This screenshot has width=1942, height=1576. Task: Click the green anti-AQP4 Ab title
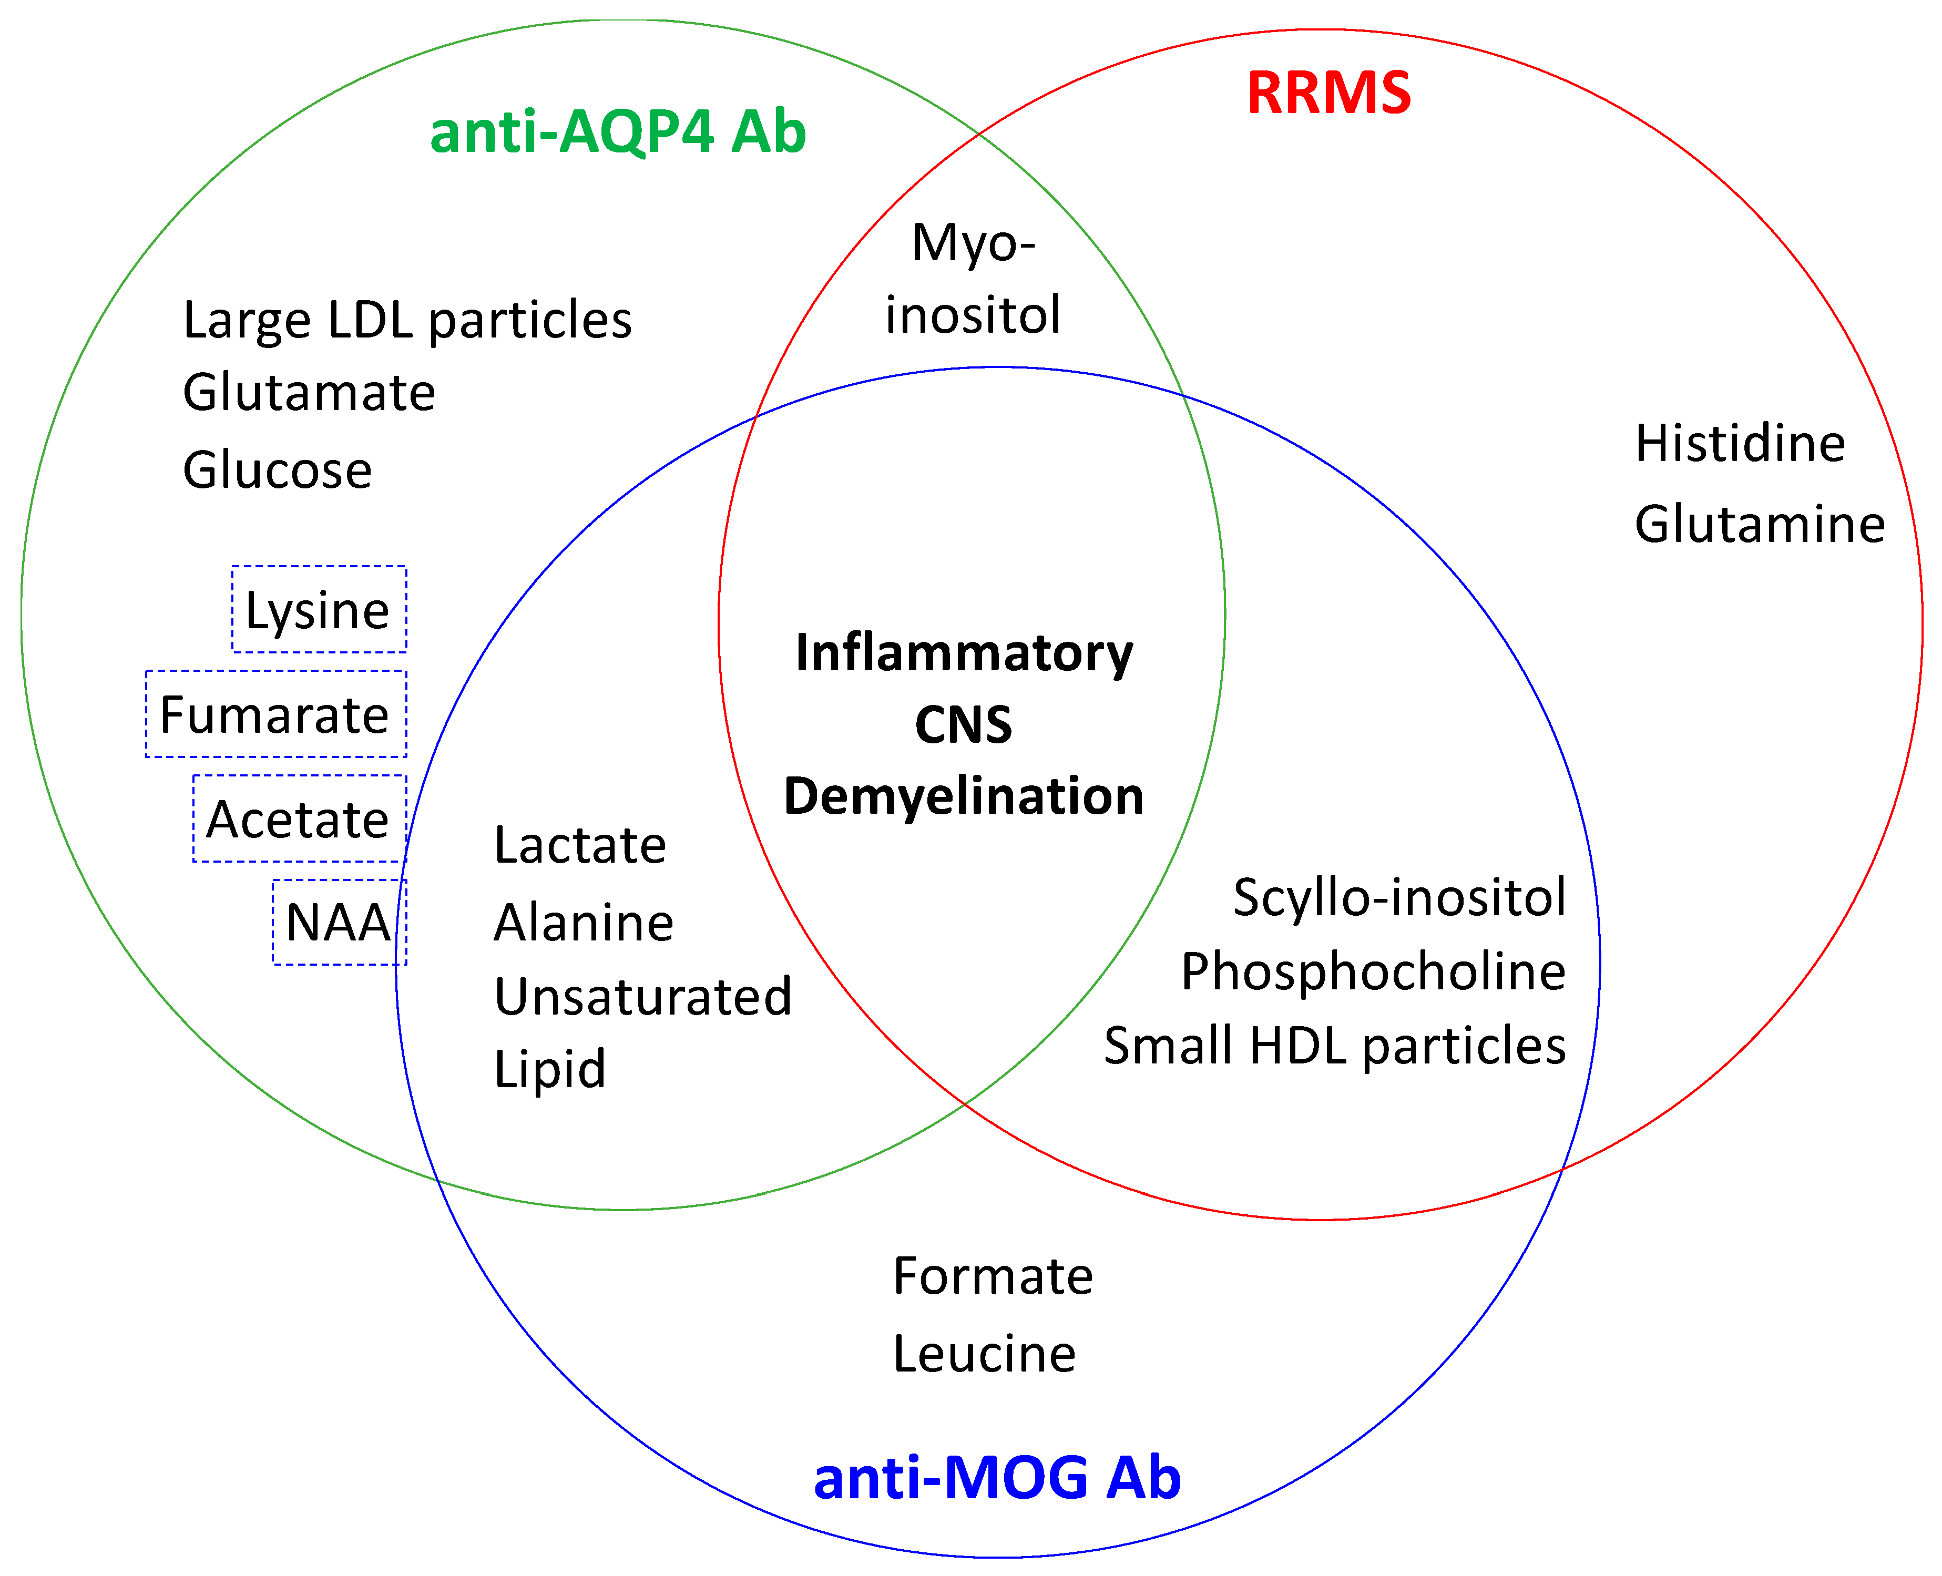click(x=617, y=132)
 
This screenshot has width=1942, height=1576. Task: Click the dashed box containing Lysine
click(x=319, y=609)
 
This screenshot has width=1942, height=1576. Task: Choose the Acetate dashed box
click(x=299, y=818)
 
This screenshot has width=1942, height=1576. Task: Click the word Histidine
click(x=1740, y=444)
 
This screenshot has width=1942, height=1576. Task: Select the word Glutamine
click(x=1759, y=525)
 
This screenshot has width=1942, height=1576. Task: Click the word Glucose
click(x=277, y=470)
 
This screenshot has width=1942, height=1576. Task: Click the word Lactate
click(x=579, y=845)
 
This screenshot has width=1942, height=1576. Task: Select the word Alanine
click(x=583, y=923)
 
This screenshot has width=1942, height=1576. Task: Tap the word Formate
click(x=993, y=1275)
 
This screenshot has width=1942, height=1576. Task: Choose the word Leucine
click(x=983, y=1354)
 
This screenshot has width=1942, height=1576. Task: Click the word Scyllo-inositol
click(x=1399, y=898)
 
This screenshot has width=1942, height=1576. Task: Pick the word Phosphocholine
click(x=1373, y=971)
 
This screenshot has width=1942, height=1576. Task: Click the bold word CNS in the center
click(x=963, y=724)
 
